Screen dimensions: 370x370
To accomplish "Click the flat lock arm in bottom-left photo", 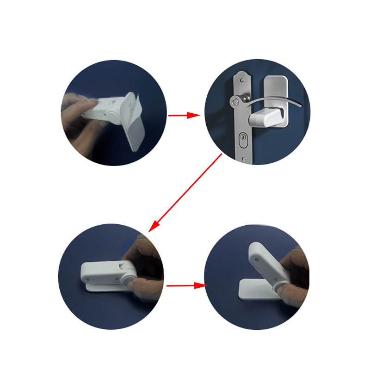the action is click(104, 273).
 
